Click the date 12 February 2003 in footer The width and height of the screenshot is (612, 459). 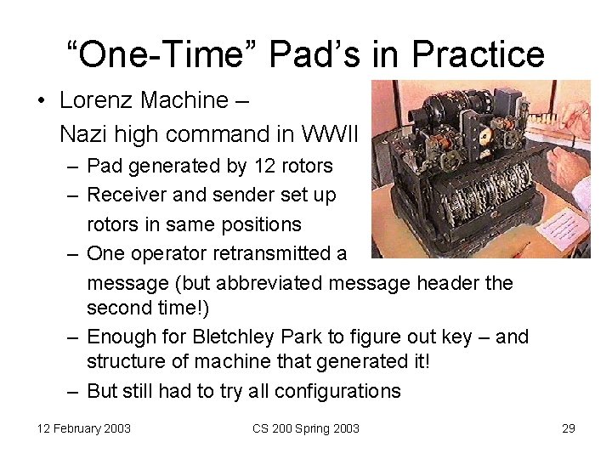pos(84,428)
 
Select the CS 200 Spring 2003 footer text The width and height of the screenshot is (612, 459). pos(306,428)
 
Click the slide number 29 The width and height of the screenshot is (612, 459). pos(569,428)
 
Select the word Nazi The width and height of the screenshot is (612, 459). pos(80,134)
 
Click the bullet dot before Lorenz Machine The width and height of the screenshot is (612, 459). pos(41,101)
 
